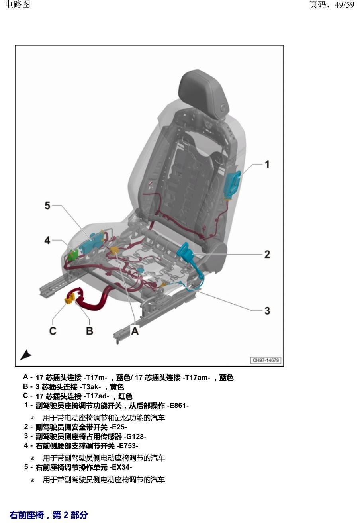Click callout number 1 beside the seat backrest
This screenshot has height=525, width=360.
[267, 164]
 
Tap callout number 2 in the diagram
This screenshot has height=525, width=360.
[267, 254]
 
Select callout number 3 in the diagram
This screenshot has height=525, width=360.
[267, 311]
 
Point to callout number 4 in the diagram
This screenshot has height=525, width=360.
[47, 240]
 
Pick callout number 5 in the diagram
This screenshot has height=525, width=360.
[47, 205]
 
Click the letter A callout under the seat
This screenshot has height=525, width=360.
[135, 331]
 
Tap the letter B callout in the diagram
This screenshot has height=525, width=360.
[90, 331]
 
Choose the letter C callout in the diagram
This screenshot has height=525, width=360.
[53, 331]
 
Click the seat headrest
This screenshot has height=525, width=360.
[203, 93]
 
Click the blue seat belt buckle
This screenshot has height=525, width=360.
[185, 251]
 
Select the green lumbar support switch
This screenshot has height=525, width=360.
[73, 255]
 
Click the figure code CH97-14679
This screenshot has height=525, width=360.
[266, 360]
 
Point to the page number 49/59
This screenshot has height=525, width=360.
[344, 5]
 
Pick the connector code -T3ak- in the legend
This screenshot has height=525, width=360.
[90, 386]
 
